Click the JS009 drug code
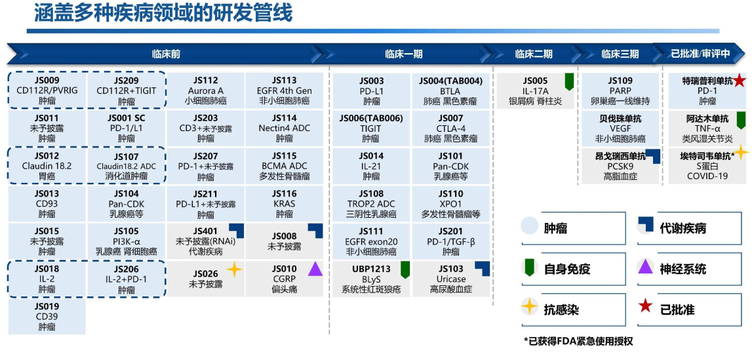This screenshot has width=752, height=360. (47, 81)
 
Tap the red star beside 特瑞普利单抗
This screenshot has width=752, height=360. (740, 81)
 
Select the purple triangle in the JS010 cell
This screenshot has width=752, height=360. (315, 268)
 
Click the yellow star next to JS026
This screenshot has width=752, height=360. (234, 269)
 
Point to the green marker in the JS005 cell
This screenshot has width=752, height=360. (569, 81)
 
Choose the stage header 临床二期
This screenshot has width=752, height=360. (533, 54)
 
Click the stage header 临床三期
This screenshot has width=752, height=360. (620, 54)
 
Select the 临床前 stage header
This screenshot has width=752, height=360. (166, 54)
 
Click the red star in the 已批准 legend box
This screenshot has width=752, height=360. (645, 306)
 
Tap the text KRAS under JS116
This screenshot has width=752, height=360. (285, 204)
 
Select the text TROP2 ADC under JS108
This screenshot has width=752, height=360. (371, 204)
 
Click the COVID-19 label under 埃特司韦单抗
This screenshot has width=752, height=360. (707, 176)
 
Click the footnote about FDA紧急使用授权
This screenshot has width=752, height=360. (578, 342)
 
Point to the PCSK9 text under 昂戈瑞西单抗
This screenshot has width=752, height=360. (620, 167)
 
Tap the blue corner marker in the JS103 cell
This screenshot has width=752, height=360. (483, 267)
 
